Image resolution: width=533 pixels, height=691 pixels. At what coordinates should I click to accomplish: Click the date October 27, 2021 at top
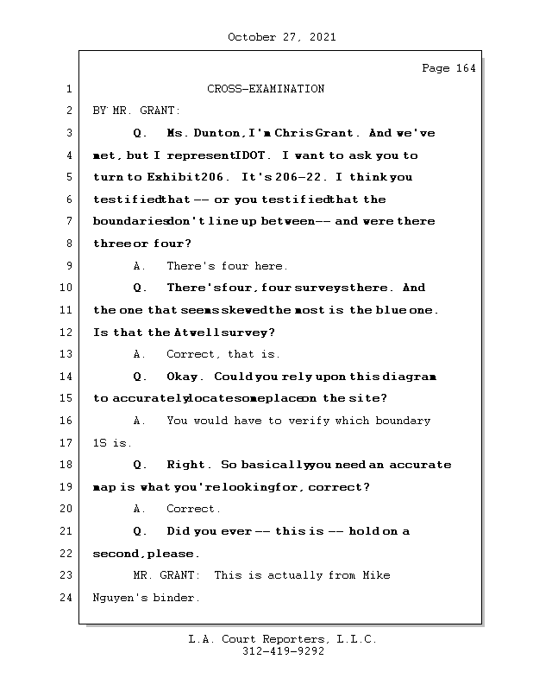(x=282, y=37)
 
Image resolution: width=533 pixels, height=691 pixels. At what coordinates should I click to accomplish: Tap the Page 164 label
(x=448, y=68)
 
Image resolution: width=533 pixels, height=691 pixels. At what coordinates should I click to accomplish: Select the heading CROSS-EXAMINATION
(x=266, y=89)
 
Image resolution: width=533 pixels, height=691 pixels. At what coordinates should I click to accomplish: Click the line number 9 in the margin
(x=68, y=266)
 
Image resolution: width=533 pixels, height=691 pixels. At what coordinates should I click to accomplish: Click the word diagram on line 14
(x=414, y=377)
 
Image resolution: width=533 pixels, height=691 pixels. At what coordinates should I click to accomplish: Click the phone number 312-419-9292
(x=283, y=652)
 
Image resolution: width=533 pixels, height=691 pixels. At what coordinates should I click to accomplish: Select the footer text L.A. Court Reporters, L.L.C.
(x=283, y=640)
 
